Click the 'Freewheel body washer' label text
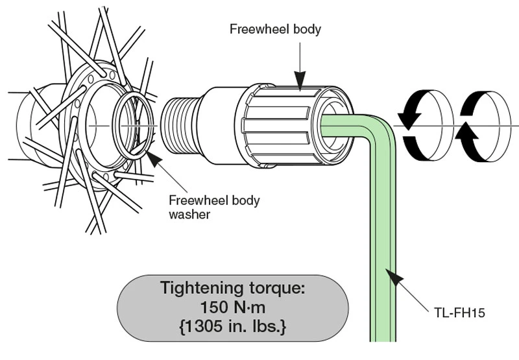pos(213,207)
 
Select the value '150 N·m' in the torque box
pos(232,306)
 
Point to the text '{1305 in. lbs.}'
pos(232,326)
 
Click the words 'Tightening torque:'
pos(232,287)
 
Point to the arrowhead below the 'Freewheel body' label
pos(300,82)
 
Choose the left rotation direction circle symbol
pos(421,123)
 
